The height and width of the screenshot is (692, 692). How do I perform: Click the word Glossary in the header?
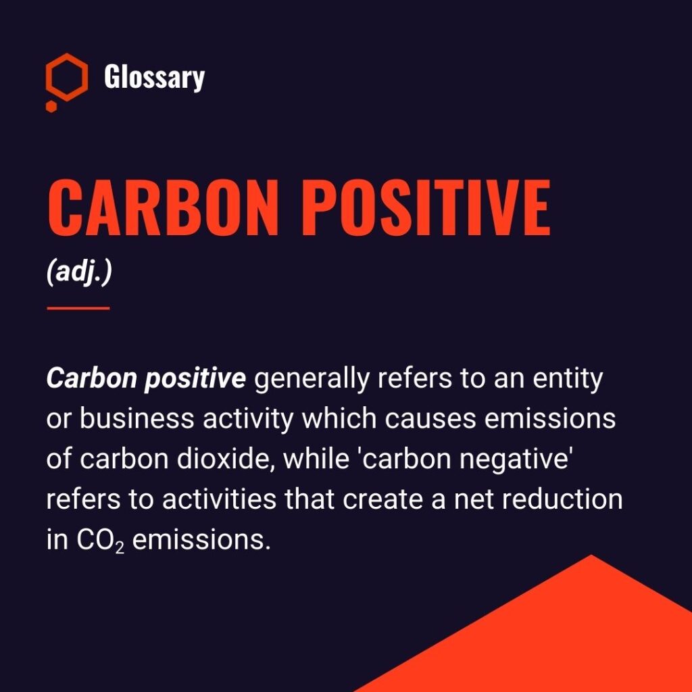click(155, 77)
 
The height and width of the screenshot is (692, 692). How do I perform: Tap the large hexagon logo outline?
click(48, 77)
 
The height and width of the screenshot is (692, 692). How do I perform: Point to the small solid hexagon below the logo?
click(51, 106)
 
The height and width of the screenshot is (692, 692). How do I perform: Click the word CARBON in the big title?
click(163, 207)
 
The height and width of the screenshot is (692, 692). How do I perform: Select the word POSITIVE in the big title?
click(426, 207)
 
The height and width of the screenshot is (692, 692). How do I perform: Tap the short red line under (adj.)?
click(78, 308)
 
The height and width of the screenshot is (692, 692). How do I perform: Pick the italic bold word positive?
click(195, 380)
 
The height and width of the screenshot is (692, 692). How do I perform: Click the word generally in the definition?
click(312, 380)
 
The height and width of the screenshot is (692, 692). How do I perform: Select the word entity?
click(568, 380)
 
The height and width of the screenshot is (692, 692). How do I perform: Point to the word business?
click(137, 418)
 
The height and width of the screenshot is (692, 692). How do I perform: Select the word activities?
click(219, 499)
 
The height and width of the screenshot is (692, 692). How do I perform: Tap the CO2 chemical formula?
click(101, 541)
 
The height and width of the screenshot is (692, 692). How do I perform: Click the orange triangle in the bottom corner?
click(574, 640)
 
